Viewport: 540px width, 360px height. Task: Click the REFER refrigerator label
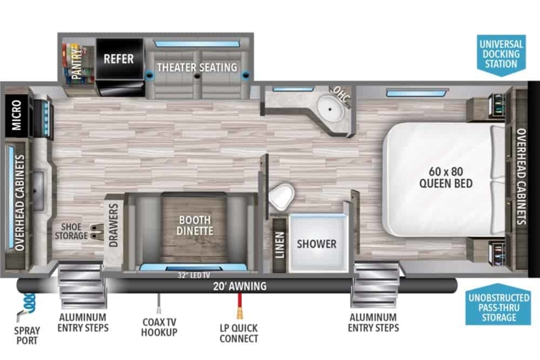click(x=119, y=59)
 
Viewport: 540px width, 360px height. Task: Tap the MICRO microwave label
click(x=17, y=115)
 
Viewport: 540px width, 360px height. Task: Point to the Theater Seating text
click(x=197, y=67)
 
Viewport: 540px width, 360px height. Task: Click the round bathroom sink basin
click(x=330, y=109)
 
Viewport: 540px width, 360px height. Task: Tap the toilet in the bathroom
click(x=282, y=197)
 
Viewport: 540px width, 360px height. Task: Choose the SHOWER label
click(x=316, y=244)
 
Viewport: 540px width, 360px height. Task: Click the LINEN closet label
click(x=279, y=245)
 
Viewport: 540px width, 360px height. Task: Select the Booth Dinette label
click(x=195, y=225)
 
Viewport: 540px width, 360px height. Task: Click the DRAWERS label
click(x=113, y=225)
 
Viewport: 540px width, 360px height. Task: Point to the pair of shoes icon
click(x=97, y=232)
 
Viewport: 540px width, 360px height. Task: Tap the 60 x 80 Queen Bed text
click(x=446, y=177)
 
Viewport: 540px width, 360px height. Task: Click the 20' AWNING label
click(x=239, y=286)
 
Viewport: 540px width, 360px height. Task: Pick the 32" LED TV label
click(x=194, y=275)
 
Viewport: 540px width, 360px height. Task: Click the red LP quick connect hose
click(x=240, y=306)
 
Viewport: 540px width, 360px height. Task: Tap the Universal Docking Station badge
click(x=501, y=55)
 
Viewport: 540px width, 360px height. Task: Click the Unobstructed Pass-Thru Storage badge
click(x=499, y=305)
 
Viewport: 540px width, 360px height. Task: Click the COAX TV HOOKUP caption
click(x=159, y=327)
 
